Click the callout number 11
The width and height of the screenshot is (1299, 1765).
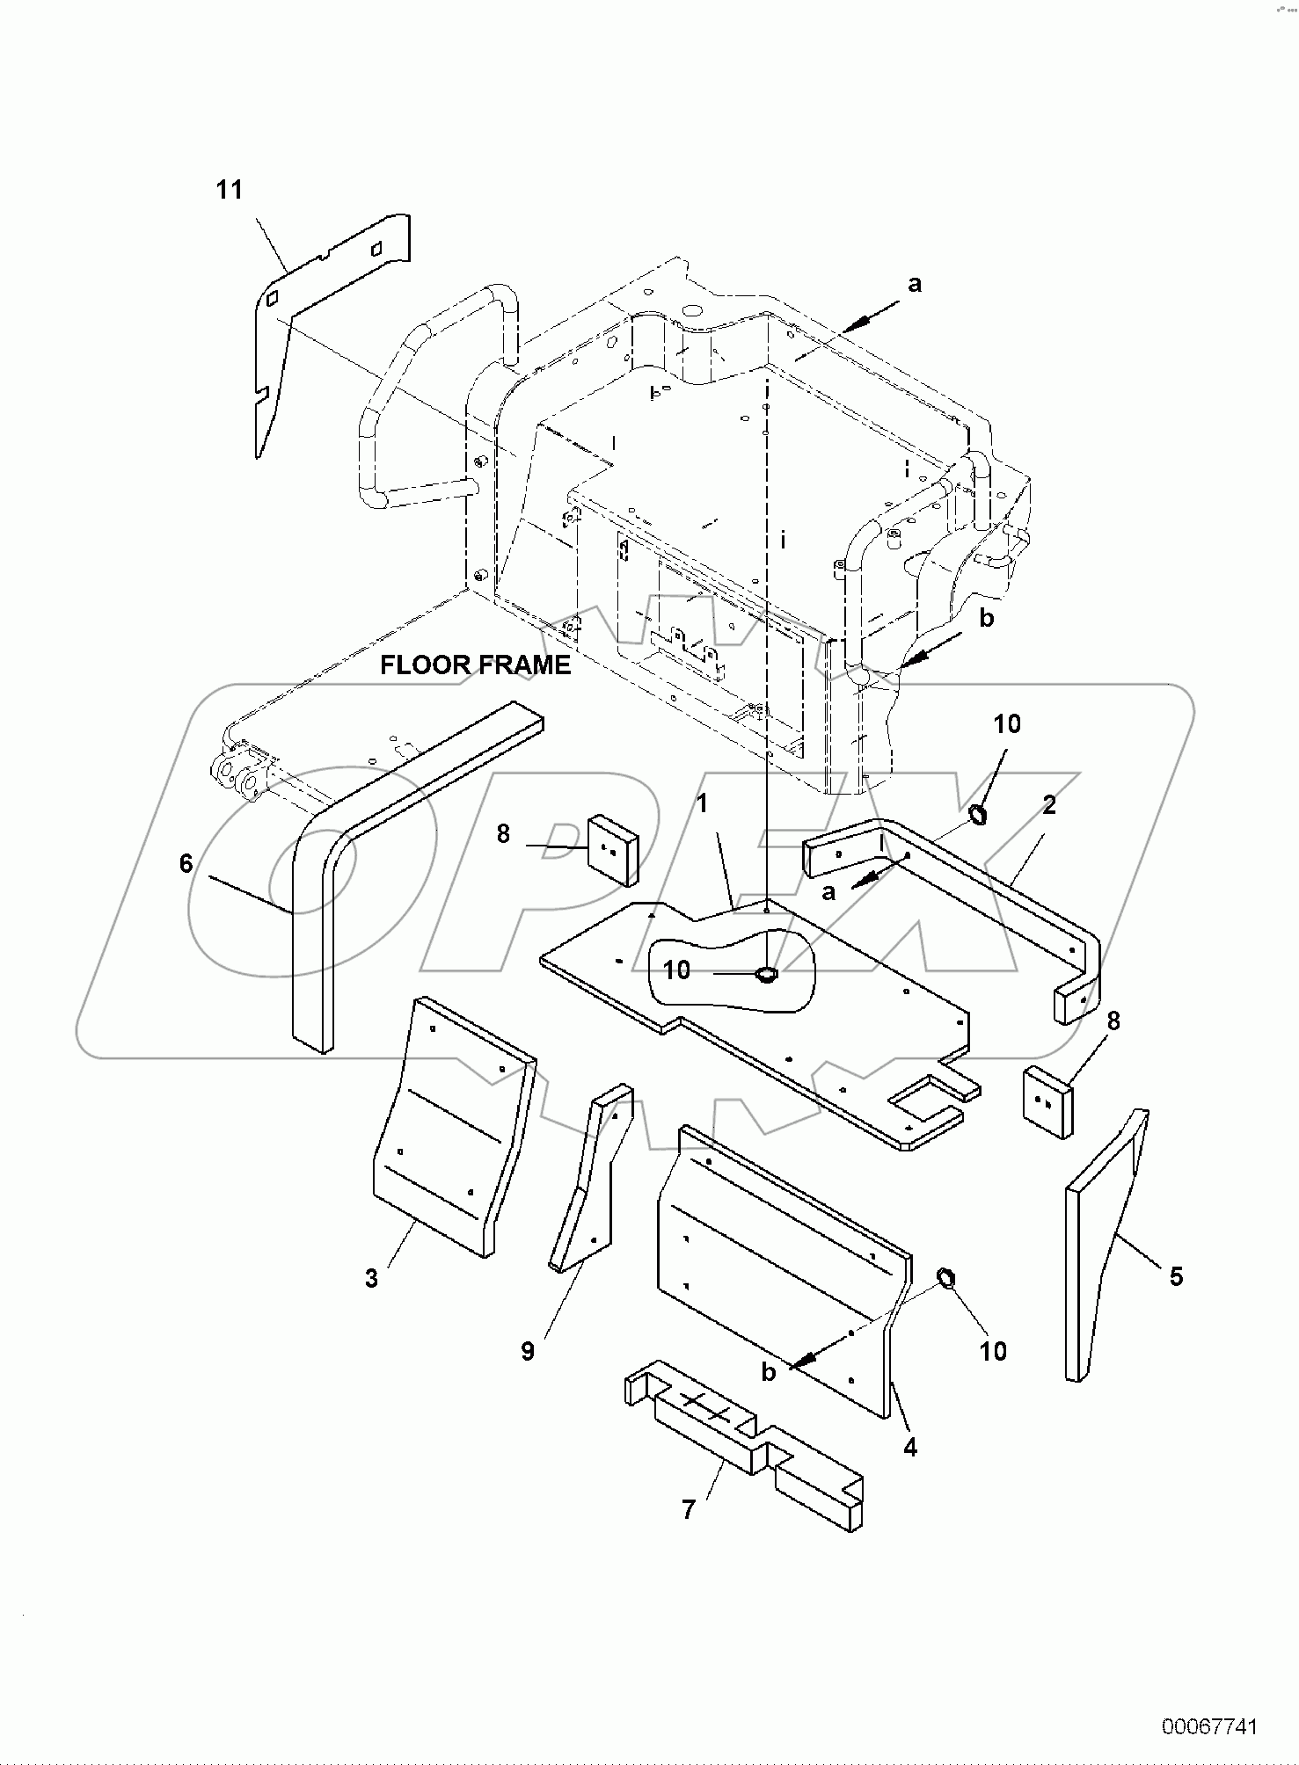[230, 190]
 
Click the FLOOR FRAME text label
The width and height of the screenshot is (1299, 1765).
[475, 665]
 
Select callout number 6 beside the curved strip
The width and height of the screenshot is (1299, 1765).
[186, 864]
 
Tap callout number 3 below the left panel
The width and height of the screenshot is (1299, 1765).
[371, 1278]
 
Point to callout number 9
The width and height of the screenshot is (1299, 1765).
[528, 1351]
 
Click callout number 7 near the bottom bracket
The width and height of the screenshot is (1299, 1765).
[689, 1509]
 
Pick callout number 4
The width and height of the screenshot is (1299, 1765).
[910, 1446]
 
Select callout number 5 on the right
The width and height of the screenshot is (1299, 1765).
[1177, 1275]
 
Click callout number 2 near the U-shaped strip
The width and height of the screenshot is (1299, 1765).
[1049, 804]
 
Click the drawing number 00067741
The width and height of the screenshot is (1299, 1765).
[1209, 1726]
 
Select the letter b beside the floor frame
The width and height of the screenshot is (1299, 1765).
[987, 618]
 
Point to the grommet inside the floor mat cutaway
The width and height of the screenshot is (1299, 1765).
[765, 973]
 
